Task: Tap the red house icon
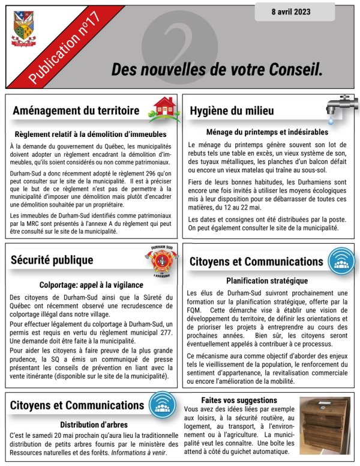point(164,109)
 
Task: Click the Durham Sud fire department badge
point(162,260)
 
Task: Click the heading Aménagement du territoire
point(76,111)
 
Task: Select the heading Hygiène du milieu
point(232,111)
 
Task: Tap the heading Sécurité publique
point(52,260)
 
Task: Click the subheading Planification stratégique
point(267,280)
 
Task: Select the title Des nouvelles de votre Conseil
point(217,69)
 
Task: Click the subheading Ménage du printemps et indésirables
point(267,132)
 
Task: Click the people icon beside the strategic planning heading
point(340,261)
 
